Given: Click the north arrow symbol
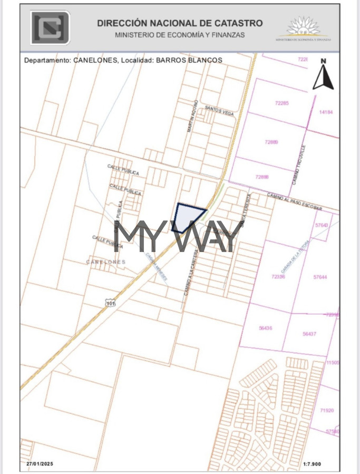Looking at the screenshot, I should (323, 75).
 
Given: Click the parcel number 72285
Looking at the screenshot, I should (282, 103).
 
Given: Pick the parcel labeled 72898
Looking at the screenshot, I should (261, 177).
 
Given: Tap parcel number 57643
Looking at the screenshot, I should (320, 225).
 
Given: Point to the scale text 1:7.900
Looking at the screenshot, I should (313, 464).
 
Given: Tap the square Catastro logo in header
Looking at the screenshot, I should (50, 27).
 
